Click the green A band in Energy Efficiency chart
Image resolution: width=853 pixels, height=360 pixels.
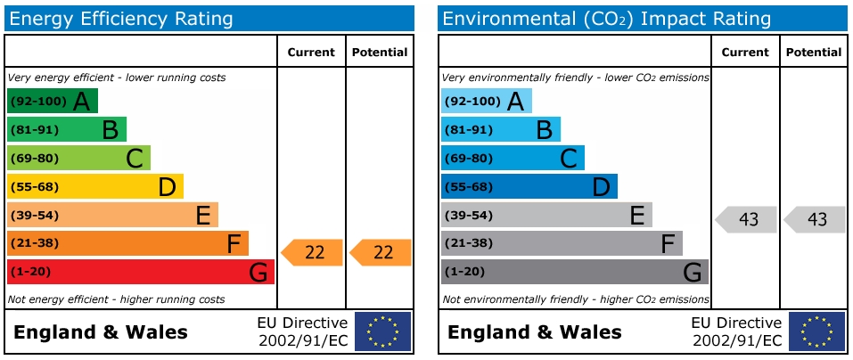[x=52, y=101]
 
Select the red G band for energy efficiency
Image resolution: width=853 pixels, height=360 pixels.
[x=140, y=272]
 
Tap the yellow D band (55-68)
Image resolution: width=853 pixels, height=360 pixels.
[x=94, y=186]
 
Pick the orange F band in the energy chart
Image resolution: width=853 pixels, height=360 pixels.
[x=127, y=243]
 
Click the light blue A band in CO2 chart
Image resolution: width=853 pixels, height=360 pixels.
[x=486, y=101]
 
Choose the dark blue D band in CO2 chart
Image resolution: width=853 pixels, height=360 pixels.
[x=529, y=186]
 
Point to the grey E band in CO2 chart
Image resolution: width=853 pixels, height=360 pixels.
[x=545, y=215]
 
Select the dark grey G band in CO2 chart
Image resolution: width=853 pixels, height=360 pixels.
[x=574, y=272]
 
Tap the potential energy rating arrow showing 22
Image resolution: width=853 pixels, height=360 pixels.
[x=381, y=252]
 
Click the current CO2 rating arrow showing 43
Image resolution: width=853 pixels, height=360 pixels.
[x=747, y=219]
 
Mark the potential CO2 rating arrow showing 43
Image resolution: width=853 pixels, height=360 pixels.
[x=816, y=219]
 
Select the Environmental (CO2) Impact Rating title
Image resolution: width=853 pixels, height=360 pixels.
[x=607, y=19]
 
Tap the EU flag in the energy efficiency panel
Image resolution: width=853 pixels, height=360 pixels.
[x=382, y=331]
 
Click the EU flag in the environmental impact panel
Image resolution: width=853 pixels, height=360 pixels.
[x=816, y=331]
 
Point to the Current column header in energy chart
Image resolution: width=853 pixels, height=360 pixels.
[x=311, y=53]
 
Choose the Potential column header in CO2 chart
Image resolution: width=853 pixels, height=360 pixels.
[x=813, y=53]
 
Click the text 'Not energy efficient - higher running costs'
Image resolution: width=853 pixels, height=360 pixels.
[x=116, y=299]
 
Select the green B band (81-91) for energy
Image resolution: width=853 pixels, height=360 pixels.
[x=66, y=129]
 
